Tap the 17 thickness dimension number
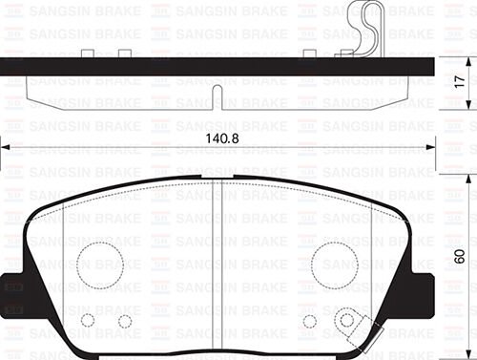(460, 83)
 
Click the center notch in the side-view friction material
(218, 97)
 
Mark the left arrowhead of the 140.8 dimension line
(6, 148)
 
